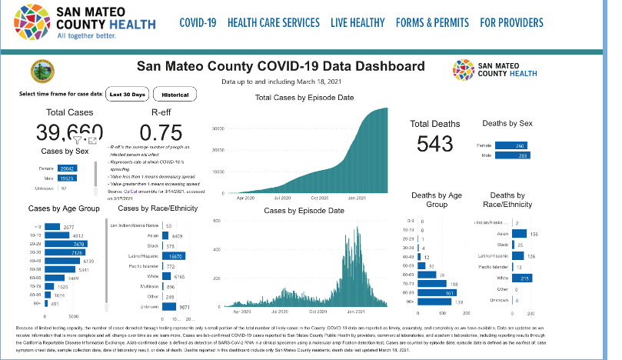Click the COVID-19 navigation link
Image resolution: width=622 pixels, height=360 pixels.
(198, 22)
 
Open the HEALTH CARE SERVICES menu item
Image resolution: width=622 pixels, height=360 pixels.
(273, 22)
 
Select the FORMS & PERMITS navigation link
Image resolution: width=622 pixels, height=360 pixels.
(431, 22)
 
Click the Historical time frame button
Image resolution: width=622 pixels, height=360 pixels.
(175, 95)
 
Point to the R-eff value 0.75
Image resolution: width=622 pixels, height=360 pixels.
(161, 132)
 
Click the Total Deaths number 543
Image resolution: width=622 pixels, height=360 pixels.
(434, 143)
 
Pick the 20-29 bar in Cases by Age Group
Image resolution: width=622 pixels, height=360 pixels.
(65, 243)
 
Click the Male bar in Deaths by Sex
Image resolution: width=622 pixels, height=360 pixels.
(511, 155)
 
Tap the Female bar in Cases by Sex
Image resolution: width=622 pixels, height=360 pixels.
(67, 168)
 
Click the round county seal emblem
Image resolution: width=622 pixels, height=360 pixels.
(37, 72)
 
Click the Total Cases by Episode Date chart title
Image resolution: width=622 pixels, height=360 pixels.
(304, 98)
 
